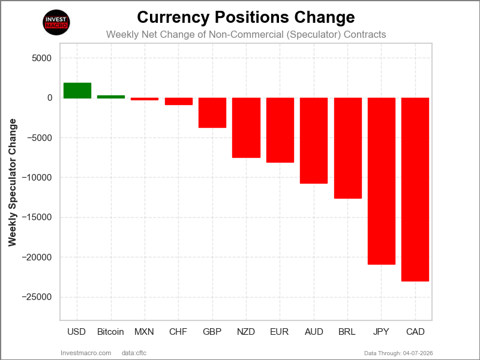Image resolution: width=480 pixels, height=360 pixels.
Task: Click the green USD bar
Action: point(77,91)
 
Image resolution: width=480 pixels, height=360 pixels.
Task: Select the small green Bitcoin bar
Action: point(111,97)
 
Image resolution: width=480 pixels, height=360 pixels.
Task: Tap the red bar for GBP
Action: point(212,113)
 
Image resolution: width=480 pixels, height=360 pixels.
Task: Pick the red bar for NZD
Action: point(246,128)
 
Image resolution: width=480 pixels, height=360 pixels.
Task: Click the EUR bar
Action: point(280,130)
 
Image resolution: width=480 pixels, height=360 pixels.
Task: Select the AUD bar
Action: point(314,140)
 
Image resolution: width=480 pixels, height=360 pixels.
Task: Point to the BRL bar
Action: point(347,148)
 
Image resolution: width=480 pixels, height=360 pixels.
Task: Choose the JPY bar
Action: point(382,181)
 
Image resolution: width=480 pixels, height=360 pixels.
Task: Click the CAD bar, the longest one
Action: point(415,189)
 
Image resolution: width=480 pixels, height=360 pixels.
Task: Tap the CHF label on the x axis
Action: point(178,332)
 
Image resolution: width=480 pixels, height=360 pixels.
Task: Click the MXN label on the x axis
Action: point(144,332)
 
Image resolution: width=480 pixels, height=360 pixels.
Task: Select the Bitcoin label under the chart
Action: point(110,332)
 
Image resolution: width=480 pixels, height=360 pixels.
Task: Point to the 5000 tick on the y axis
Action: point(41,58)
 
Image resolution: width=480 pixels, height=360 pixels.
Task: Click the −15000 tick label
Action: point(37,217)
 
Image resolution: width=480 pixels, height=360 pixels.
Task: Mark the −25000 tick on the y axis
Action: point(37,297)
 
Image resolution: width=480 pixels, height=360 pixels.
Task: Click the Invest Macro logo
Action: point(57,23)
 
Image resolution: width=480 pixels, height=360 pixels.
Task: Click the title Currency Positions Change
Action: point(246,16)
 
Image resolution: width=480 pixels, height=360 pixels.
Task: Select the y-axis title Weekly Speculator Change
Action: point(13,182)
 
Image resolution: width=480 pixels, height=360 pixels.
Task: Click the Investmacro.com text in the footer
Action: point(86,353)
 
